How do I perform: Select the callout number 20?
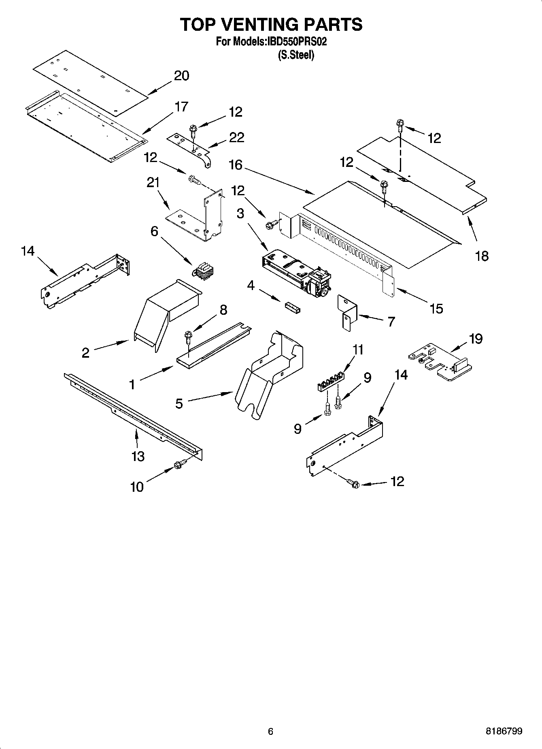[181, 76]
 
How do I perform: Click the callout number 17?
[181, 107]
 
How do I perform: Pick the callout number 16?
[236, 165]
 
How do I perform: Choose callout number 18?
[482, 256]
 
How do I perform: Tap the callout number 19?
[476, 338]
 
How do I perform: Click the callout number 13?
[138, 457]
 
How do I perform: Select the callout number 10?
[137, 487]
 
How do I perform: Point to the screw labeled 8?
[187, 336]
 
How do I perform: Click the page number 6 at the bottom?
[271, 731]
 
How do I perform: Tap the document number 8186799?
[504, 731]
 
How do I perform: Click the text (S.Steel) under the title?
[295, 55]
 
